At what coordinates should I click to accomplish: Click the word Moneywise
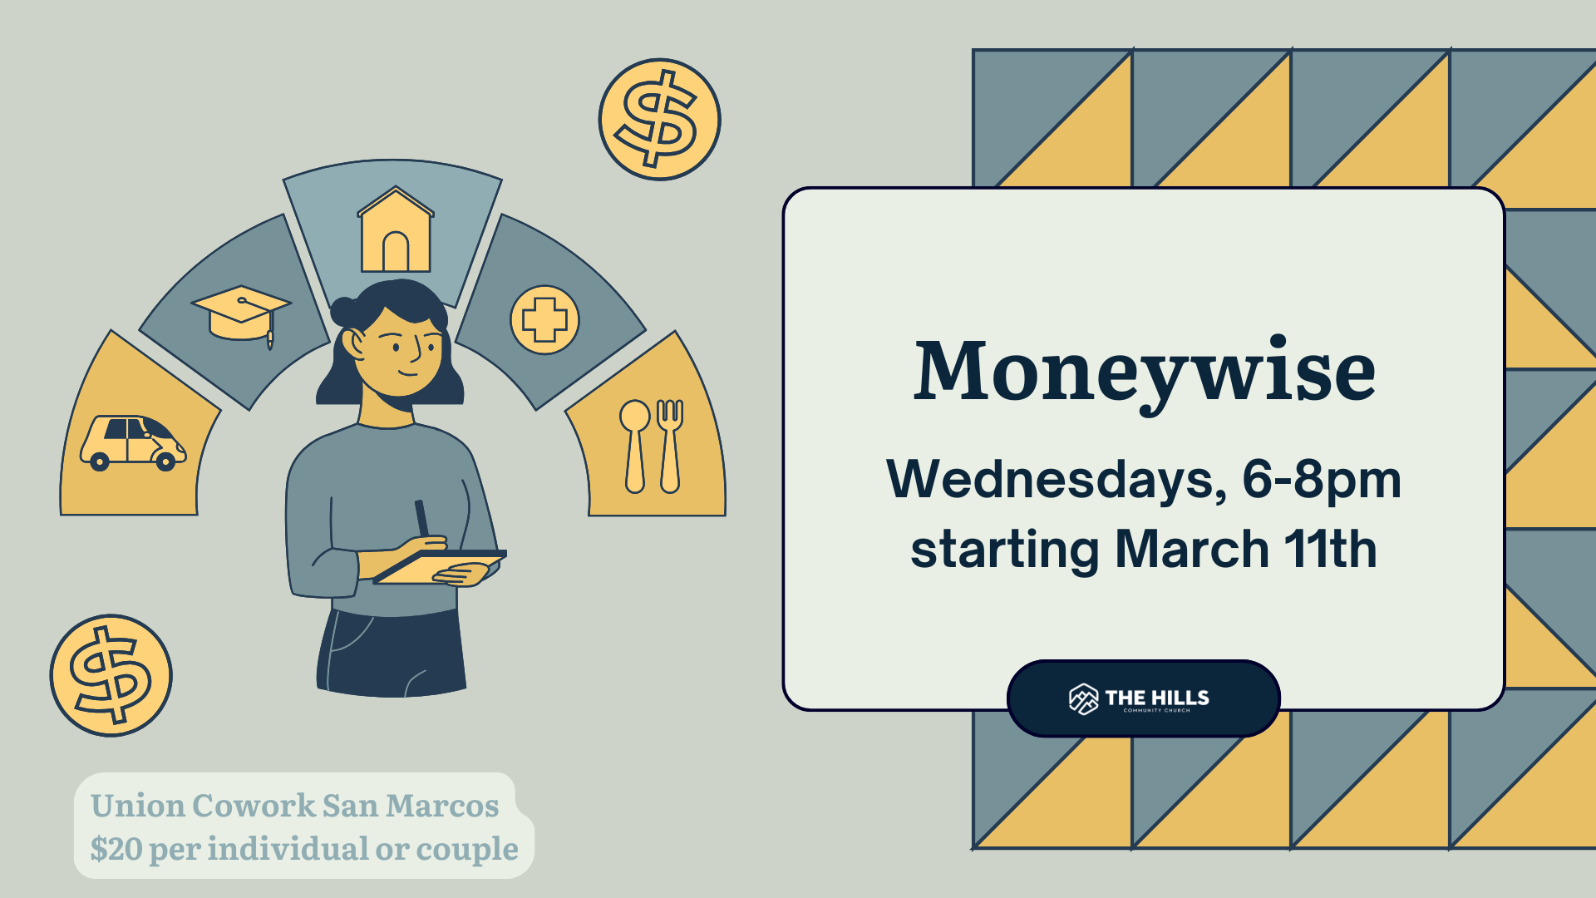coord(1144,373)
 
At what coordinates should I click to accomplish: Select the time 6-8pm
coord(1321,481)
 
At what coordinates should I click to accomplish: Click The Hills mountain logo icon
coord(1083,699)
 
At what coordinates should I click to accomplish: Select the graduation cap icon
coord(240,314)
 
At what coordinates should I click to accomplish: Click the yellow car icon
coord(133,442)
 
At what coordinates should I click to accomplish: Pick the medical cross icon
coord(544,320)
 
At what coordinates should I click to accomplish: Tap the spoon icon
coord(635,446)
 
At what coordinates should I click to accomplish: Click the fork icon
coord(670,446)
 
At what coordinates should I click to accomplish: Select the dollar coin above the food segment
coord(659,120)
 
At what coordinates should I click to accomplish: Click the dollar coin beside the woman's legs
coord(111,675)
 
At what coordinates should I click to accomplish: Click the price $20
coord(116,849)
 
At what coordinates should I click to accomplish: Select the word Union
coord(138,806)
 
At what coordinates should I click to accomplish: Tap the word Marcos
coord(441,806)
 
